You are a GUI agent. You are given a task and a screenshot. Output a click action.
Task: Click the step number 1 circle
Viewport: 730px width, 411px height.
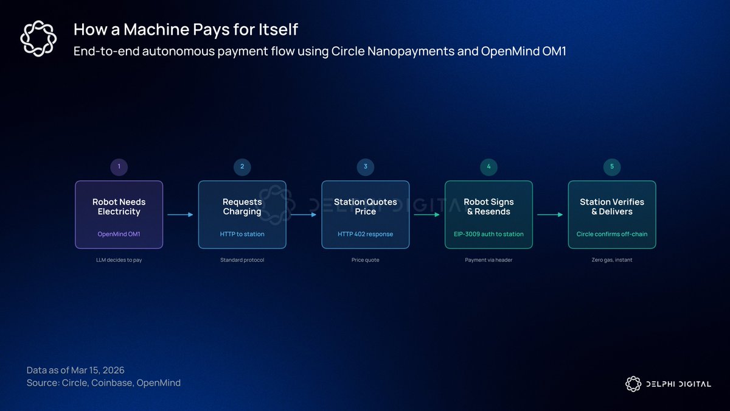tap(119, 167)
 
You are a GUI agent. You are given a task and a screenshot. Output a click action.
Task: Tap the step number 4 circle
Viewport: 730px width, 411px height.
tap(488, 167)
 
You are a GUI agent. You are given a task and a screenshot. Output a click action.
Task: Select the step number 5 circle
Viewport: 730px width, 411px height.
tap(612, 167)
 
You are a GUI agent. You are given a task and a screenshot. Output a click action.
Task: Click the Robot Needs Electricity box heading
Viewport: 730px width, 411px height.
tap(119, 207)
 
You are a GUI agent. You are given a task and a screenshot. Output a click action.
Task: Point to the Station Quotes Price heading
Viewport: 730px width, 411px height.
tap(366, 207)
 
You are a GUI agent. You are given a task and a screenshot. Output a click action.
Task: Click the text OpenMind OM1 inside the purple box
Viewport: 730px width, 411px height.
tap(119, 234)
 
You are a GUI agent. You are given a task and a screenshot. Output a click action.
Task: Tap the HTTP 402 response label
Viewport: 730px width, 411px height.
tap(366, 234)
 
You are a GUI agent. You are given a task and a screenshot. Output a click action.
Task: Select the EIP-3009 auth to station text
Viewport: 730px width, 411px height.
tap(488, 234)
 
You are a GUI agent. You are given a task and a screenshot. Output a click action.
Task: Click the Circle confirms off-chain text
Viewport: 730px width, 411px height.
tap(612, 234)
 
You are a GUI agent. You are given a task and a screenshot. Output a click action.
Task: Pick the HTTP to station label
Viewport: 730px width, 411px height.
tap(242, 234)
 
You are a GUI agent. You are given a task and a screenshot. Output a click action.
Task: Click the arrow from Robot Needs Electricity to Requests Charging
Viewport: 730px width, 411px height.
tap(180, 214)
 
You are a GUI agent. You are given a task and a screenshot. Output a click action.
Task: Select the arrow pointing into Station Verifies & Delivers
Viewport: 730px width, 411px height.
tap(550, 214)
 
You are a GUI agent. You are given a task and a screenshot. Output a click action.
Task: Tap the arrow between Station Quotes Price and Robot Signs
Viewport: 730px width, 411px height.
tap(427, 214)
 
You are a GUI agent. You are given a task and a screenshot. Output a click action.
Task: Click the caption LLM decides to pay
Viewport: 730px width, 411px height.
tap(119, 260)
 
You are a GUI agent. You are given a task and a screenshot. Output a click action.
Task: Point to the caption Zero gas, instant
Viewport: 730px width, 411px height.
tap(612, 260)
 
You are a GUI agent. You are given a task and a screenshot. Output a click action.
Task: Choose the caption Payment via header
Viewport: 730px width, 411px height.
tap(488, 260)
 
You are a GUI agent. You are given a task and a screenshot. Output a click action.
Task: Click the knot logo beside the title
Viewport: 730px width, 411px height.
tap(38, 38)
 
